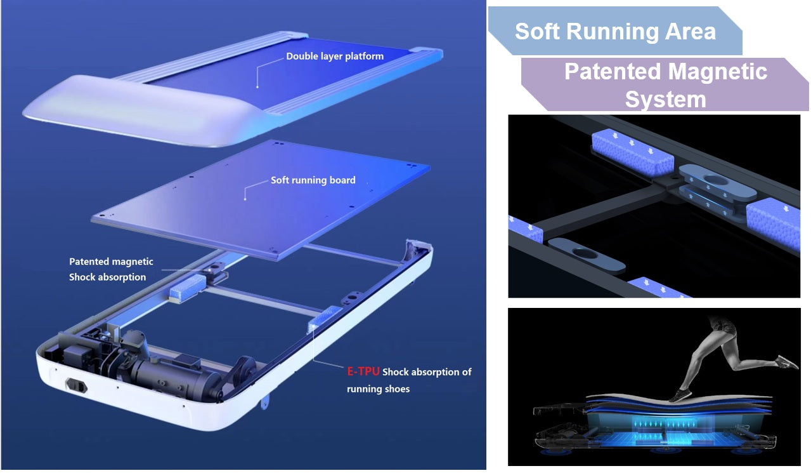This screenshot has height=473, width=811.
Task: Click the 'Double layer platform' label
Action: (335, 56)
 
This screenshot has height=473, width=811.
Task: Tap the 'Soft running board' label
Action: (313, 180)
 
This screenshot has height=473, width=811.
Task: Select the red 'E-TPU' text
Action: (363, 372)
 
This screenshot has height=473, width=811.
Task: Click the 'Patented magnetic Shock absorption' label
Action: (110, 269)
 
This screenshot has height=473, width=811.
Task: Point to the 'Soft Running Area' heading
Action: (615, 31)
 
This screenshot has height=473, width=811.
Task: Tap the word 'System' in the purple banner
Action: (665, 100)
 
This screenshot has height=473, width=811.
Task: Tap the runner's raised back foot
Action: (788, 363)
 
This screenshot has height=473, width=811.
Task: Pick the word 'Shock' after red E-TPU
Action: (396, 372)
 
